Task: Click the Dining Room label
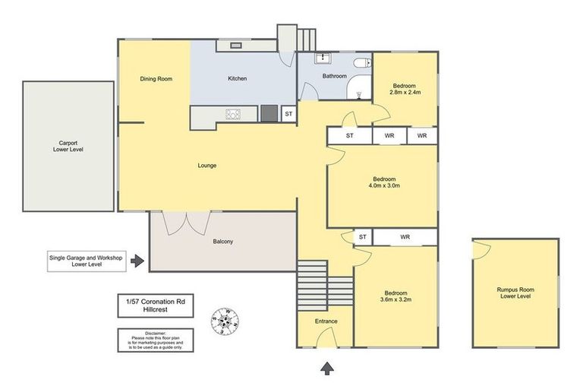click(156, 79)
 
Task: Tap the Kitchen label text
click(237, 78)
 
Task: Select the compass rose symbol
click(225, 321)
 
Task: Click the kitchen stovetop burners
click(233, 114)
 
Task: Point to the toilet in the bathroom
click(363, 63)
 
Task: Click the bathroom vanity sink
click(323, 58)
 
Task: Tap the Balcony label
click(222, 242)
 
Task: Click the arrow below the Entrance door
click(327, 368)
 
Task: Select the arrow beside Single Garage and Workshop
click(137, 261)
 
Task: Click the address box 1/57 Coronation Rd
click(156, 305)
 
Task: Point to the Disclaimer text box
click(156, 340)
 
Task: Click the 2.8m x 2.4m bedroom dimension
click(405, 93)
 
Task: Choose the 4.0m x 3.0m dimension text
click(384, 185)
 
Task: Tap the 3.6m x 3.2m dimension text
click(395, 299)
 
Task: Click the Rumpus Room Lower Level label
click(515, 293)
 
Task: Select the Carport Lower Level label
click(68, 147)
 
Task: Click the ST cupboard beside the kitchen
click(289, 114)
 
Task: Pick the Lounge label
click(207, 166)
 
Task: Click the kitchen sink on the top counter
click(236, 46)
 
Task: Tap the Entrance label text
click(326, 321)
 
